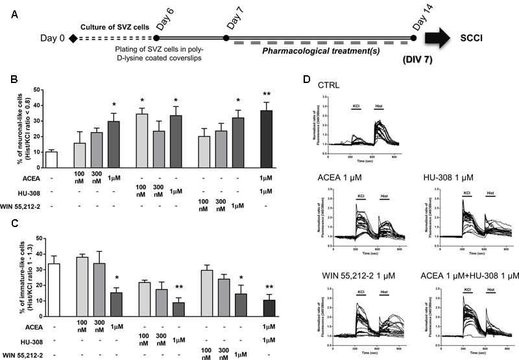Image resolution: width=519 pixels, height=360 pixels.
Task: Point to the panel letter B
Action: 10,80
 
